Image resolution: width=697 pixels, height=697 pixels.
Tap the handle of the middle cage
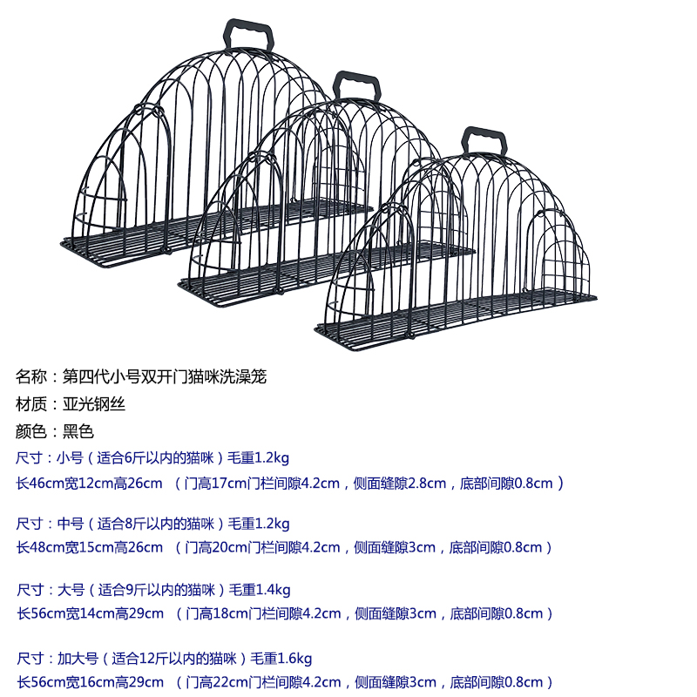click(358, 86)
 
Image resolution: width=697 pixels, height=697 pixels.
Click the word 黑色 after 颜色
click(78, 431)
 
